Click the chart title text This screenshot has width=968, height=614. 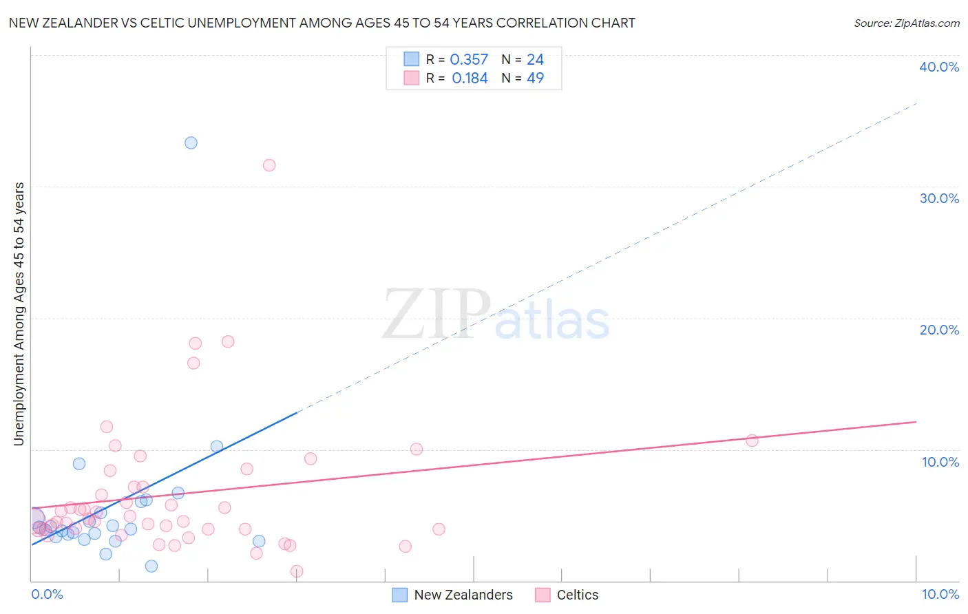tap(322, 23)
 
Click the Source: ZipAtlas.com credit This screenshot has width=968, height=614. tap(906, 23)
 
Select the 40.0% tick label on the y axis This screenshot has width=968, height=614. tap(939, 67)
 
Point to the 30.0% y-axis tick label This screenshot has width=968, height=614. tap(939, 198)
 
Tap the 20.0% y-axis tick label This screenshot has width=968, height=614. tap(939, 330)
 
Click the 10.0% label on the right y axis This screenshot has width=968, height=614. tap(940, 462)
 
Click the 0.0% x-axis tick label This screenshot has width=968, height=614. tap(47, 594)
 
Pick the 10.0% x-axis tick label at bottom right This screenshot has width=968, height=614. tap(940, 594)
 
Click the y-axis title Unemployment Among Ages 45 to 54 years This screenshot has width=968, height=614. tap(19, 314)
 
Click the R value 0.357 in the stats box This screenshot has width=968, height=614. tap(469, 60)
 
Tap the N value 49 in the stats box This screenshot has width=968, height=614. tap(535, 78)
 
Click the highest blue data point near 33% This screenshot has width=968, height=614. tap(191, 143)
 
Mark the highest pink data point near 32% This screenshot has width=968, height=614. tap(269, 165)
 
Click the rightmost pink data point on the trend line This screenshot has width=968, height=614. tap(752, 441)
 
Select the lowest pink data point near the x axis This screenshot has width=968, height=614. tap(297, 571)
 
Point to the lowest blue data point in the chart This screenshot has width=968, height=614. tap(151, 566)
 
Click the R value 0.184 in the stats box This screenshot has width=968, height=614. tap(470, 78)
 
